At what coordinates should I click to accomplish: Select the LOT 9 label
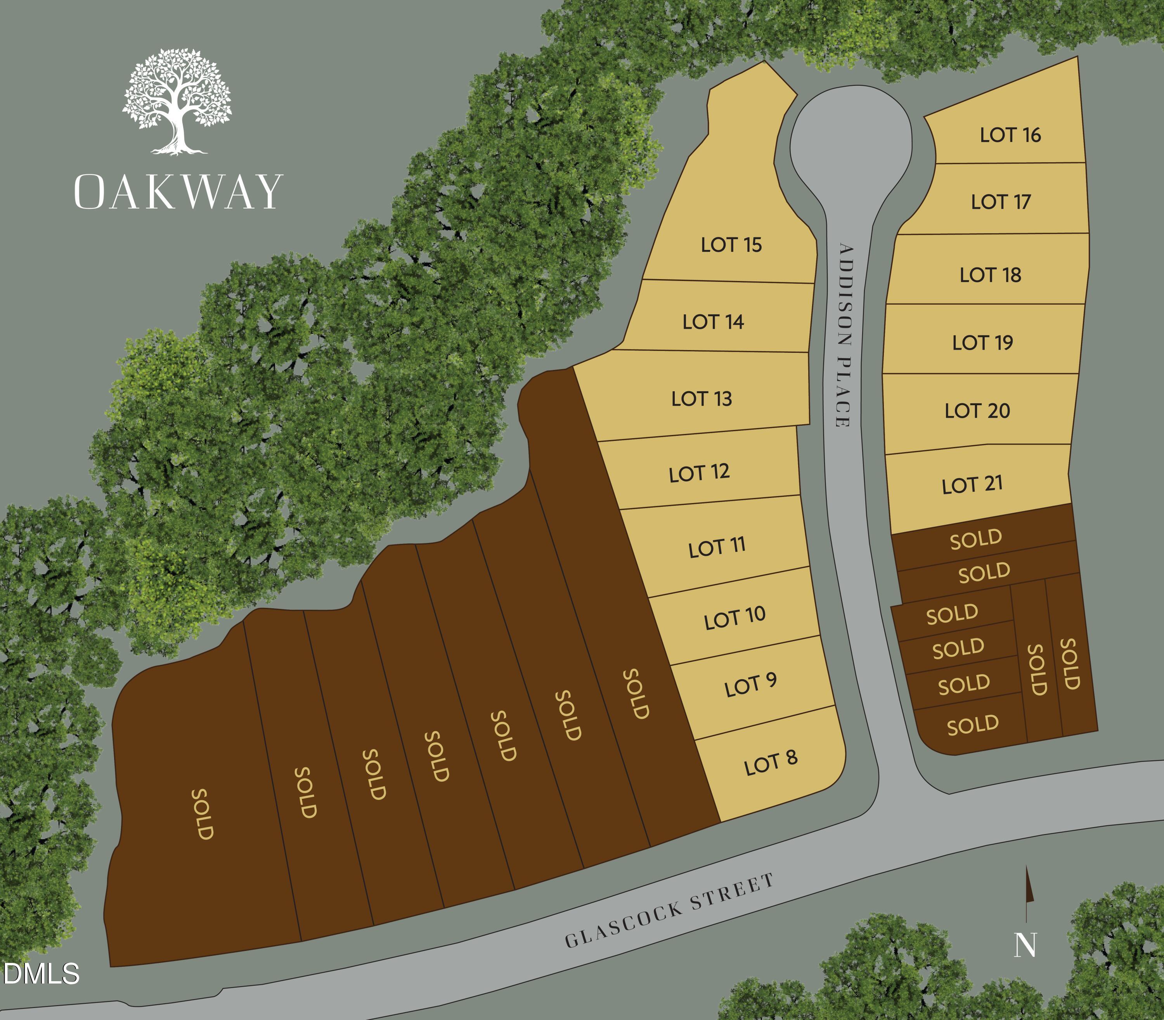pos(750,685)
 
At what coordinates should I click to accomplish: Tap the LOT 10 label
pos(734,618)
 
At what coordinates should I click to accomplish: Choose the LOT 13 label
pos(702,399)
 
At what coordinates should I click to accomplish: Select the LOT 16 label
pos(1010,135)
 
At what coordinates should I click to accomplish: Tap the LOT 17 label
pos(1001,201)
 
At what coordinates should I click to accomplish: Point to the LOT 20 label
pos(977,410)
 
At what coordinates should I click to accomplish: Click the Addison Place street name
pos(844,336)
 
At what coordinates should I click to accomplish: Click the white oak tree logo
pos(177,101)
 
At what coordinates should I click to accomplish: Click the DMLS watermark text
pos(41,974)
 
